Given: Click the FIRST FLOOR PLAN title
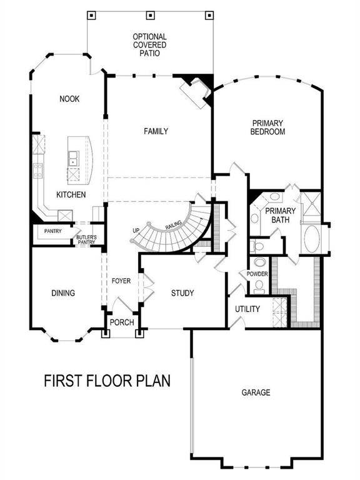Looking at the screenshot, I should [107, 380].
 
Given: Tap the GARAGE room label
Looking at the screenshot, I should [256, 392].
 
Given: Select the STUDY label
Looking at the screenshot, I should [182, 292].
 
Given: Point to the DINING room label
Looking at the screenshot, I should [63, 292].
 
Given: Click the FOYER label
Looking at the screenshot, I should [121, 281].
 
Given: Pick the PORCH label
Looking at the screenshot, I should [121, 322].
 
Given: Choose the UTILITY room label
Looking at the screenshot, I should [247, 309].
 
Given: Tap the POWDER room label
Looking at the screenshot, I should [257, 274].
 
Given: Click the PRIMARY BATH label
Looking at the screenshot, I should [280, 215].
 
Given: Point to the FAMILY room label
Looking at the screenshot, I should [156, 131].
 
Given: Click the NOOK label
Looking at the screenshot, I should [69, 99].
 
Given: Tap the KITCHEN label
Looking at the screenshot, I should [71, 195].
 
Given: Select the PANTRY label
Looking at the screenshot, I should [52, 231].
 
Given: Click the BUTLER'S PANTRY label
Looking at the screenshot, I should [86, 239].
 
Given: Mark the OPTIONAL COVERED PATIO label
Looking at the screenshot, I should [149, 46].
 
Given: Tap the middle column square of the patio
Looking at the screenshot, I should [150, 14].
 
